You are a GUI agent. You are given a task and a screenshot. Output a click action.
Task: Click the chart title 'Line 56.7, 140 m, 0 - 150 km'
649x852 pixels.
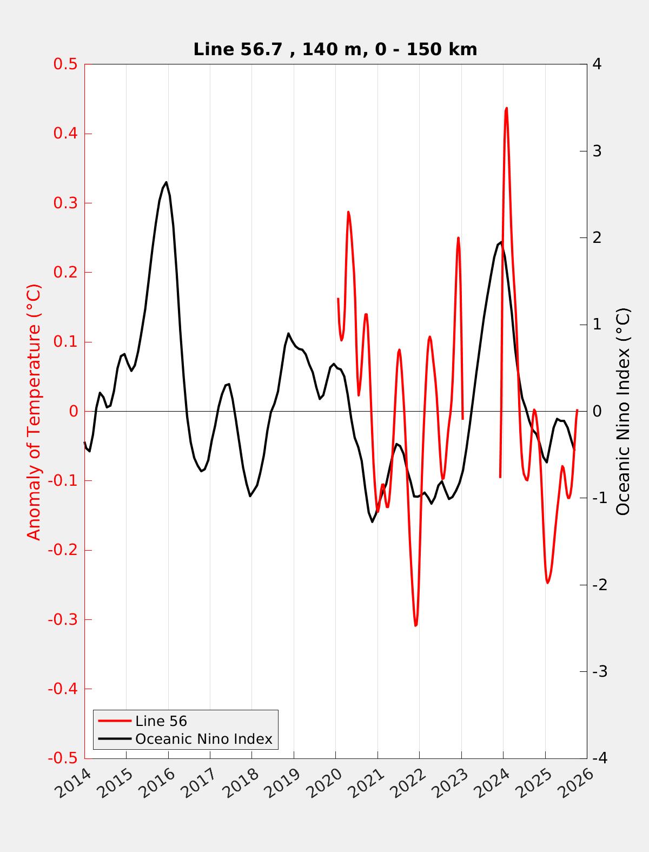click(335, 49)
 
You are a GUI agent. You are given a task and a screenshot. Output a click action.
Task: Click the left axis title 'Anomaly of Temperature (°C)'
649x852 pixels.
click(34, 412)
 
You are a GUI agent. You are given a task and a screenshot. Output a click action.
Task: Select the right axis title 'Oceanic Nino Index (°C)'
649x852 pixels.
click(623, 412)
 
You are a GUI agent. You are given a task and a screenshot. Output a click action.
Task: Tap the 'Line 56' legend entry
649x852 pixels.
click(161, 721)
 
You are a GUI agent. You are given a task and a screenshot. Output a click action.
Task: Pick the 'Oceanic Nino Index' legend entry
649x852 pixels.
click(203, 738)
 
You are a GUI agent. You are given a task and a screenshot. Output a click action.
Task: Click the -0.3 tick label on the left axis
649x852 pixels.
click(63, 619)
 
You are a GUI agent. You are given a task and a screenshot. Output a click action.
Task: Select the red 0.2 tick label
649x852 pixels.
click(65, 273)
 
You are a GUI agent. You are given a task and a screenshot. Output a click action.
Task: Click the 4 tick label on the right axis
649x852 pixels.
click(597, 64)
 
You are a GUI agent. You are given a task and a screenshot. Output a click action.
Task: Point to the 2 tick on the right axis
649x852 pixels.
click(597, 238)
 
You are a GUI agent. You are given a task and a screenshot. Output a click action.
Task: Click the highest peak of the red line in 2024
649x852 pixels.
click(506, 108)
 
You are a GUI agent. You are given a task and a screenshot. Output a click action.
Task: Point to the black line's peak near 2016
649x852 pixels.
click(166, 182)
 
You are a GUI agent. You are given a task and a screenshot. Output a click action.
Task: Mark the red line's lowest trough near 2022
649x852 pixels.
click(415, 625)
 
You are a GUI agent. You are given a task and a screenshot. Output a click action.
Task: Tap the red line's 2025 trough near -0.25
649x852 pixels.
click(547, 583)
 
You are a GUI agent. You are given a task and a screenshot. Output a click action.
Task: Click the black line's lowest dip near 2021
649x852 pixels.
click(372, 521)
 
